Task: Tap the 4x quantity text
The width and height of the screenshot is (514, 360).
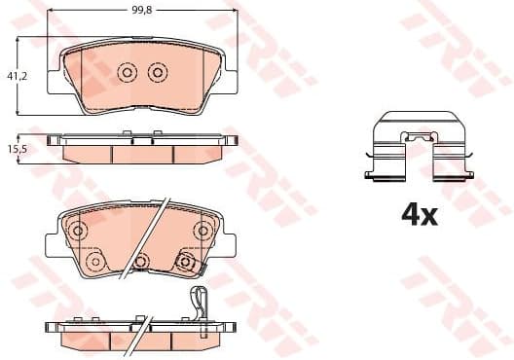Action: tap(420, 215)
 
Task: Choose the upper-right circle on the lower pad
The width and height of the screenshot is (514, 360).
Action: tap(202, 230)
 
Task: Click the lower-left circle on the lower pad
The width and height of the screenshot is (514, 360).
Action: tap(94, 263)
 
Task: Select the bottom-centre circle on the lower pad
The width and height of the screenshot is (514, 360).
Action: tap(141, 261)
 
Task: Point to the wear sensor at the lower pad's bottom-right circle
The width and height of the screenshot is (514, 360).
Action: tap(185, 262)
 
